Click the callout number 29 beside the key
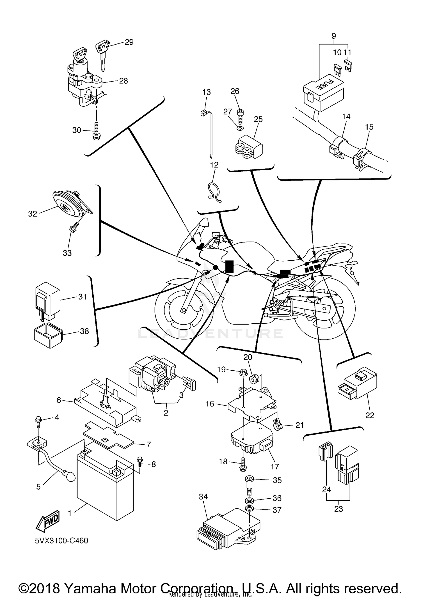129,42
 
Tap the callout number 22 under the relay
370,416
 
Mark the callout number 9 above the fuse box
333,36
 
